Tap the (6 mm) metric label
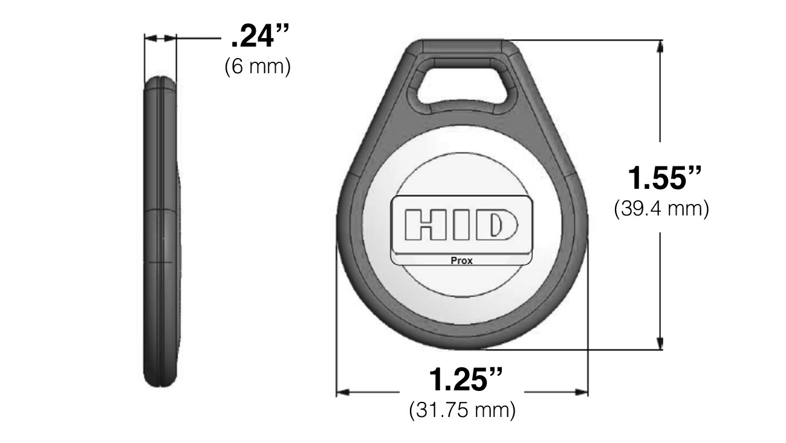tap(258, 67)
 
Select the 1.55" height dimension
tap(663, 179)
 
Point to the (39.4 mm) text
tap(661, 209)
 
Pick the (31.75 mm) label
tap(463, 410)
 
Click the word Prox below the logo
tap(462, 261)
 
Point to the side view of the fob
tap(161, 230)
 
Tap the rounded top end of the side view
tap(160, 82)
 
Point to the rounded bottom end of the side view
tap(160, 381)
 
